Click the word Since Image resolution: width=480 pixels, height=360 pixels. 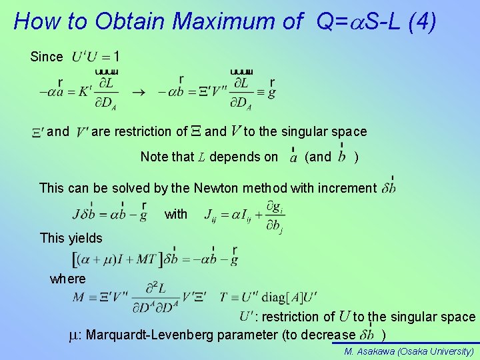coord(47,57)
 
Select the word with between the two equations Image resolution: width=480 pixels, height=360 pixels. coord(176,214)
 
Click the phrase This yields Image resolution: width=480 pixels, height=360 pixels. coord(71,238)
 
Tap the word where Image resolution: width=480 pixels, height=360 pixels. coord(68,279)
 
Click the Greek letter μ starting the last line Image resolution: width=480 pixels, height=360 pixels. coord(75,335)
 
